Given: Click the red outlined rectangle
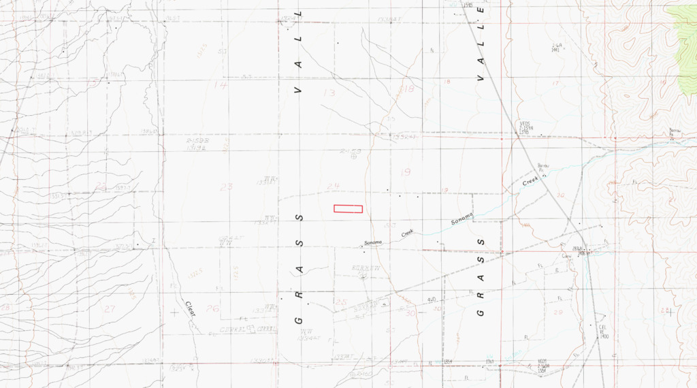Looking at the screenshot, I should (348, 209).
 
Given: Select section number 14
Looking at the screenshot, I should (220, 85).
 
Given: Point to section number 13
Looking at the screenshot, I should (329, 93).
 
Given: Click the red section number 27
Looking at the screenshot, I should (109, 308).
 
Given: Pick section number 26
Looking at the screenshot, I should (213, 308).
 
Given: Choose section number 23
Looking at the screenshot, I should (226, 186).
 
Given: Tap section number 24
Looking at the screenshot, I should (334, 186).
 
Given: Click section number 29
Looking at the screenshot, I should (558, 311).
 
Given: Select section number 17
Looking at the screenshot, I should (555, 83).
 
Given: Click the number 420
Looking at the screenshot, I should (432, 300).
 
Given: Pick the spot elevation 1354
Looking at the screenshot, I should (448, 361).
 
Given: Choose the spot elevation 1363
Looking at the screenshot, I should (489, 361).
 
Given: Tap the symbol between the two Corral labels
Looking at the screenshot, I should (250, 328).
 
